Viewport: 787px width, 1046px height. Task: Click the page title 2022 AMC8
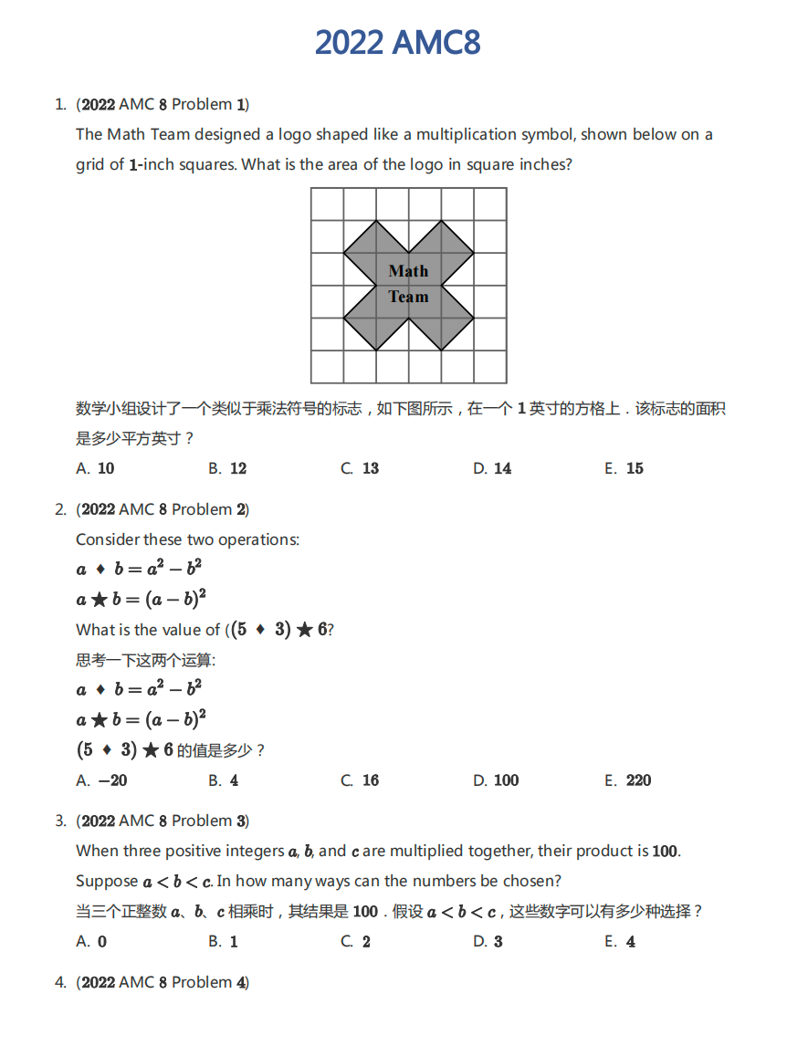[x=397, y=43]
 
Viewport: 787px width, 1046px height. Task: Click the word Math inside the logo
[x=408, y=271]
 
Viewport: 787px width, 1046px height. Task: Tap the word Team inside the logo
[x=408, y=297]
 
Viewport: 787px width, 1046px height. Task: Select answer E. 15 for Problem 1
[x=624, y=468]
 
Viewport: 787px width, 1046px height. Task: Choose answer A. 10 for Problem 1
[x=96, y=468]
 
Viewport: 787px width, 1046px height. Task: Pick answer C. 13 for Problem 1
[x=360, y=468]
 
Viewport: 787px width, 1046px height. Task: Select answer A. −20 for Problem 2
[x=102, y=780]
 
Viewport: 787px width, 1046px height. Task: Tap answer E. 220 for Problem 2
[x=628, y=780]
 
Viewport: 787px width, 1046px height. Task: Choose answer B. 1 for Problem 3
[x=223, y=942]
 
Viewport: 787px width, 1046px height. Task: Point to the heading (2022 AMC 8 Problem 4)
[x=163, y=982]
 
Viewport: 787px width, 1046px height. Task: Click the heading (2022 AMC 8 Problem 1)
[x=163, y=104]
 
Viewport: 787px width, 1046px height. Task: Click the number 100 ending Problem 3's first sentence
[x=665, y=852]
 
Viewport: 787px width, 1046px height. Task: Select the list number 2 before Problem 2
[x=60, y=509]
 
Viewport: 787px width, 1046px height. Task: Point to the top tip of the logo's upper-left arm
[x=376, y=222]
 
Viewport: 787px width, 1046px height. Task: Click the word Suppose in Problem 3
[x=107, y=881]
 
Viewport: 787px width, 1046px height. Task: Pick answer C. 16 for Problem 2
[x=360, y=780]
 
